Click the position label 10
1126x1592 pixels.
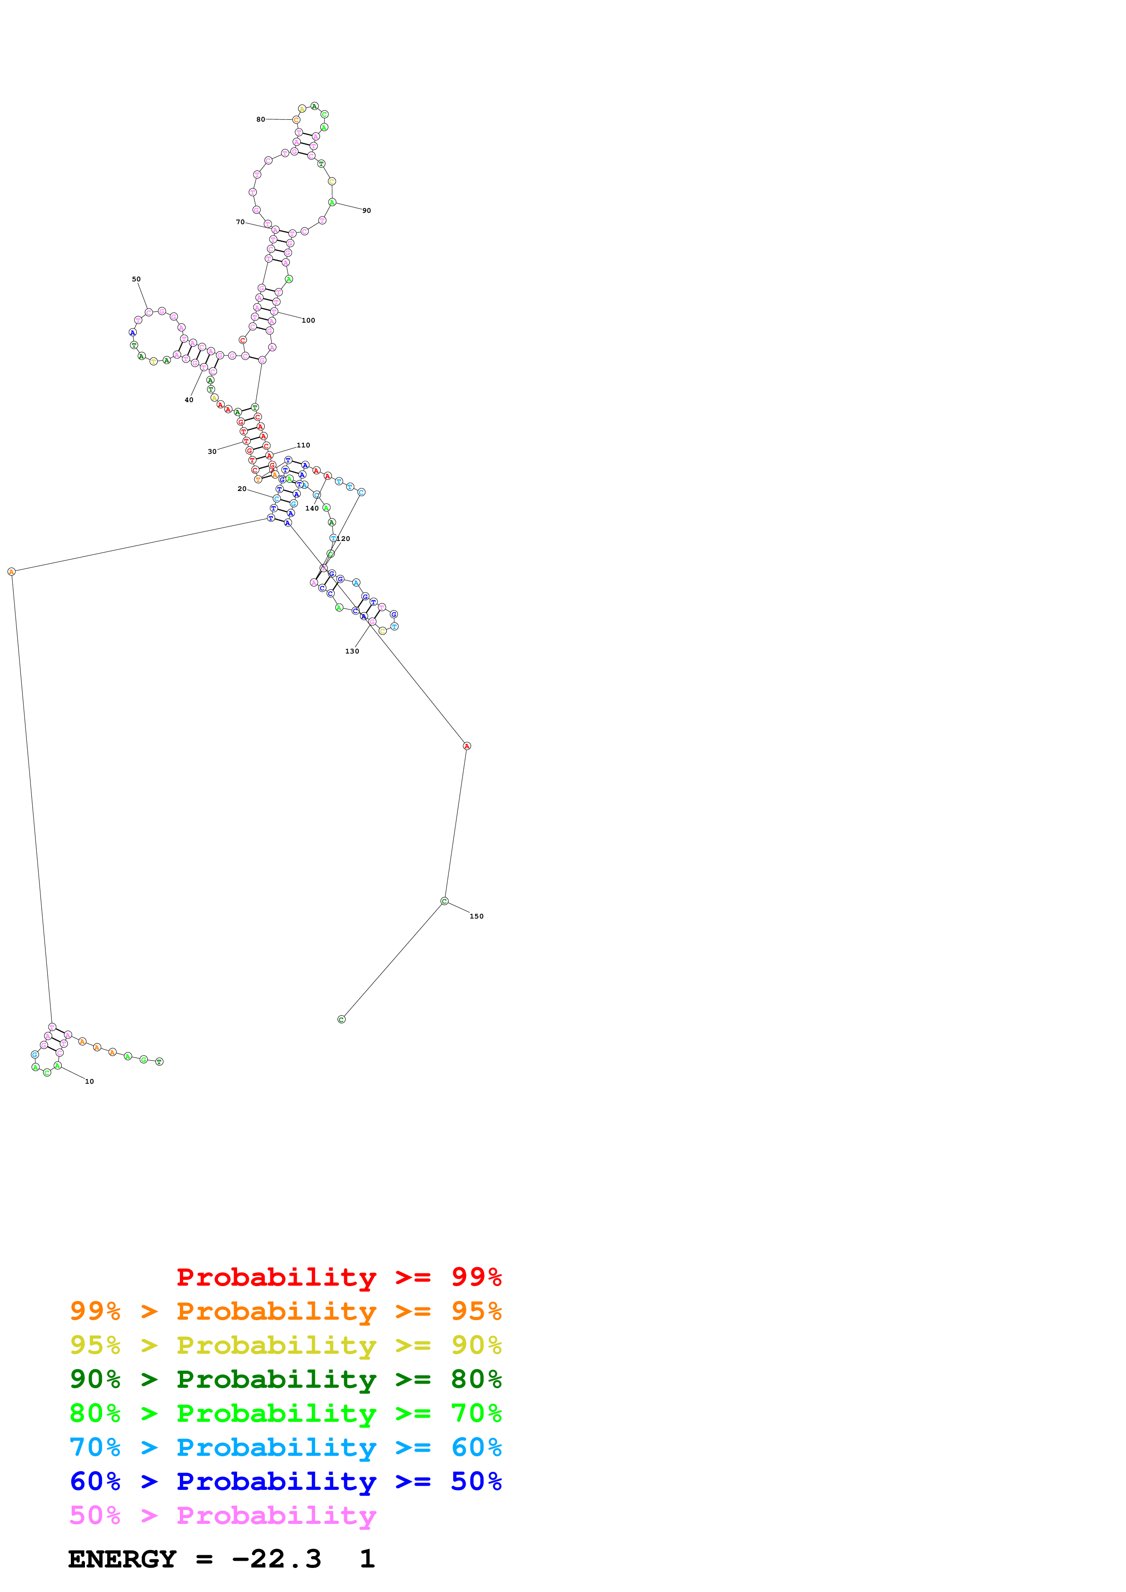coord(89,1081)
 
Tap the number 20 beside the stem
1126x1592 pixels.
coord(242,489)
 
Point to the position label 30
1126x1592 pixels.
coord(212,452)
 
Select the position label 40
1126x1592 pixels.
coord(188,400)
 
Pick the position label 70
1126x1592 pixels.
coord(240,222)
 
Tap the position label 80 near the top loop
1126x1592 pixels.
coord(260,119)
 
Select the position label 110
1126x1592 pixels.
coord(303,445)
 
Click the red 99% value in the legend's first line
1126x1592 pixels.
coord(476,1277)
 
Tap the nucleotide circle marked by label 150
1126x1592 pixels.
coord(444,901)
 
